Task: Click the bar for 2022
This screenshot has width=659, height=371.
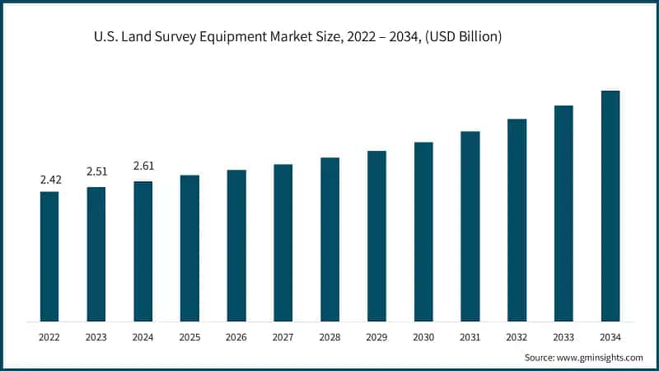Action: pos(49,256)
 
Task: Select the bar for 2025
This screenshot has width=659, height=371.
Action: pos(189,248)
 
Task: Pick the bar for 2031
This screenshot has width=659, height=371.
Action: pos(470,226)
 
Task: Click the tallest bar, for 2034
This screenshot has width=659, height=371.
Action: pos(610,206)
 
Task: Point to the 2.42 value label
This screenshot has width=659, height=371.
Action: pos(49,179)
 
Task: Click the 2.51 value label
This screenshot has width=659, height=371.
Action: pos(96,171)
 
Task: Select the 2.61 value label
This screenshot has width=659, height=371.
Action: pos(143,166)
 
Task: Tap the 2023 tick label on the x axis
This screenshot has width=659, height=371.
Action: pos(96,336)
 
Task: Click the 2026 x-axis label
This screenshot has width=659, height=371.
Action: pos(236,336)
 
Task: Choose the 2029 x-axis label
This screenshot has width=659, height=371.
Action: pos(376,336)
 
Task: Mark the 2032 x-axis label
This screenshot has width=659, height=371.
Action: pos(517,336)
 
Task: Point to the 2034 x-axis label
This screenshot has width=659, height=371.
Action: pos(610,336)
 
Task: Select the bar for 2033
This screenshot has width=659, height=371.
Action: pos(563,214)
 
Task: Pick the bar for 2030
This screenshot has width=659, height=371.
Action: pos(423,232)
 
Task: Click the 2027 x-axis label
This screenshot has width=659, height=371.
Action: pos(283,336)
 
